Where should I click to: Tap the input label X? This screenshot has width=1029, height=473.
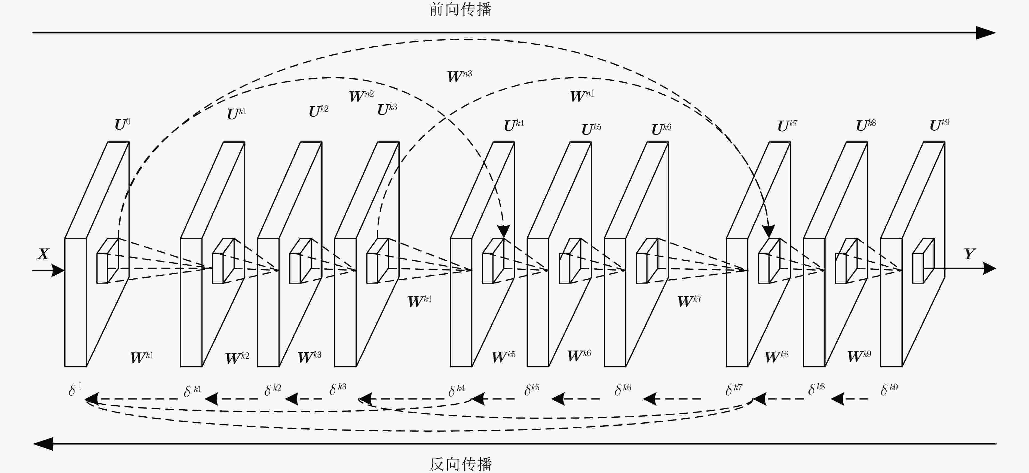tap(43, 254)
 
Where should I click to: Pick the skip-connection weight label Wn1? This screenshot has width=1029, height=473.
tap(582, 96)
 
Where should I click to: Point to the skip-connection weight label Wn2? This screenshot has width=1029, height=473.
tap(361, 96)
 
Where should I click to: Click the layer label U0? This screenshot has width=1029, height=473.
tap(122, 125)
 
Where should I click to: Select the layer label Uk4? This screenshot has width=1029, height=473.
tap(514, 125)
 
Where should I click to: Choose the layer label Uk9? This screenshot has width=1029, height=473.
tap(939, 125)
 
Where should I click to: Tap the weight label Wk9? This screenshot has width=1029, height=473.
tap(859, 356)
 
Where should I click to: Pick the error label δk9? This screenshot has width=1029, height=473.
tap(889, 389)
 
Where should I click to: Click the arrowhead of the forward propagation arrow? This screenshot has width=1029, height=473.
tap(986, 33)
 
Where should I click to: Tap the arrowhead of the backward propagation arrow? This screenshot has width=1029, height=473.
tap(43, 444)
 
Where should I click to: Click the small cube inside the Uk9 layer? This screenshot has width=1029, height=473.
tap(923, 261)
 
